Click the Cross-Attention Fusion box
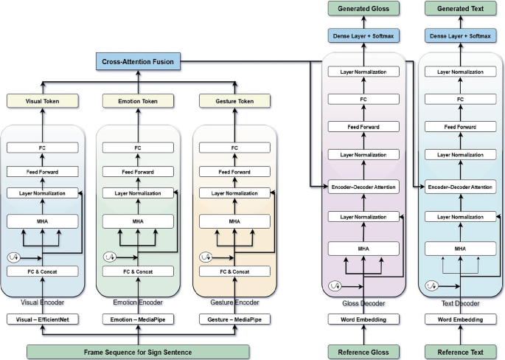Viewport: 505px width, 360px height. (139, 62)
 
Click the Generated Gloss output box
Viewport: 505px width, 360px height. (363, 9)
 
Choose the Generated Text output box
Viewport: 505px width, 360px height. (460, 9)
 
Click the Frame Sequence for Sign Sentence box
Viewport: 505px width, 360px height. (139, 352)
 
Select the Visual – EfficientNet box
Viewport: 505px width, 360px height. (43, 319)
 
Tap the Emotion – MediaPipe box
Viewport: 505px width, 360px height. (139, 319)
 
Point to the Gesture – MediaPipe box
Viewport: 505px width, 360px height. (234, 319)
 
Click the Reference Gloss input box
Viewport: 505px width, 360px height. (363, 352)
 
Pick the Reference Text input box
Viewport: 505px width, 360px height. (460, 352)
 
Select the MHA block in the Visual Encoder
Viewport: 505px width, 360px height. (43, 221)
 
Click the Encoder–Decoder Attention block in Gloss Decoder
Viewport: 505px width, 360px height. (363, 187)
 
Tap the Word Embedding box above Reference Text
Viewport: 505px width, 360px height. (460, 319)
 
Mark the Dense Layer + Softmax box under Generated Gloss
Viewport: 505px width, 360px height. (363, 36)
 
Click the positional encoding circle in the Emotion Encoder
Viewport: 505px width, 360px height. (110, 257)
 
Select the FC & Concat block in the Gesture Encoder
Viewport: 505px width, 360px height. (234, 271)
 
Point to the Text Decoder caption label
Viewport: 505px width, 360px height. (460, 303)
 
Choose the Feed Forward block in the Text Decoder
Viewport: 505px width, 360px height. (460, 128)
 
